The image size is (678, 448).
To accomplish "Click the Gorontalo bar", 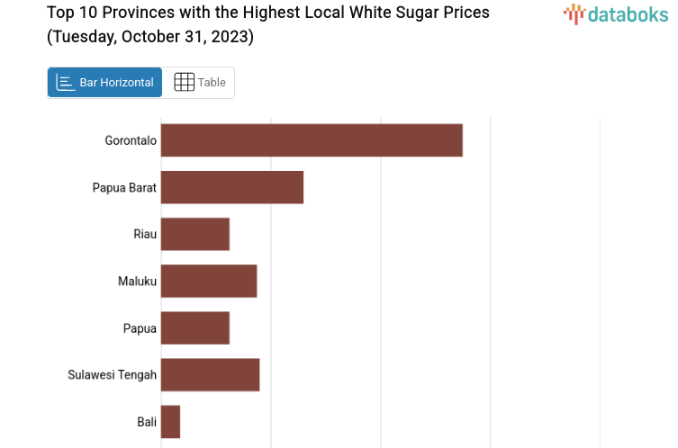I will coord(312,140).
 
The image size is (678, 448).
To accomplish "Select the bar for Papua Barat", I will coord(232,187).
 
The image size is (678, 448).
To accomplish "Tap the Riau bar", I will coord(195,234).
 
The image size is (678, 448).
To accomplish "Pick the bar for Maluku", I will coord(209,281).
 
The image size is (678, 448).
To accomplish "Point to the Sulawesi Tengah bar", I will coord(211,374).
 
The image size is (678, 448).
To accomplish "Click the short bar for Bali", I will coord(171,421).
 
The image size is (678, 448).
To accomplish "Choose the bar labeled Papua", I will coord(195,327).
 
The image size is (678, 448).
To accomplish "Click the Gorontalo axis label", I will coord(131,140).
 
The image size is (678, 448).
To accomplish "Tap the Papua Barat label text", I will coord(124,187).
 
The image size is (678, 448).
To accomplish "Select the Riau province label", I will coord(145,234).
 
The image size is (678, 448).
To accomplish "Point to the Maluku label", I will coord(137,281).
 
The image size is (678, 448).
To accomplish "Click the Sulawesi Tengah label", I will coord(112,374).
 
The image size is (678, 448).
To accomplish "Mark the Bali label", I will coord(147,421).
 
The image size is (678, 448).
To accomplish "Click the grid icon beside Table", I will coord(184,82).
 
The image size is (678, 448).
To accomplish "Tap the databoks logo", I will coord(616,14).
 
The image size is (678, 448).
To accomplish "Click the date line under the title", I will coord(150,37).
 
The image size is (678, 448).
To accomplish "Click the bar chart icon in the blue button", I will coord(66,82).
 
